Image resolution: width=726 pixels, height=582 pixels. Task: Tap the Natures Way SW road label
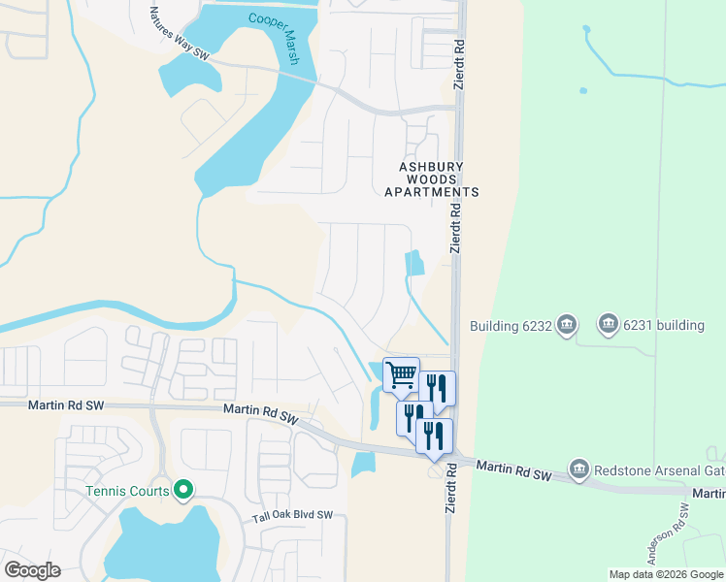(x=181, y=35)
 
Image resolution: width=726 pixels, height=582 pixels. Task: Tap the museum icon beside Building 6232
(x=567, y=325)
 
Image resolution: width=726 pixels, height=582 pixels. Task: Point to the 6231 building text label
(x=664, y=325)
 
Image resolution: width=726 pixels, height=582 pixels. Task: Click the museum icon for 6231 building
(x=609, y=323)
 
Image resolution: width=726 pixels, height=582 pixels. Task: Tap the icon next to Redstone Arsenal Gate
(x=579, y=469)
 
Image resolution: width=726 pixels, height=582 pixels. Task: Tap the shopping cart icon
(x=402, y=374)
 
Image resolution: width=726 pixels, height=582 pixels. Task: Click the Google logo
(x=32, y=570)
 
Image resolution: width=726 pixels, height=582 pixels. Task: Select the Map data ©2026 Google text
(x=666, y=574)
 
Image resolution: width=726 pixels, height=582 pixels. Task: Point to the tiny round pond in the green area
(x=583, y=91)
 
